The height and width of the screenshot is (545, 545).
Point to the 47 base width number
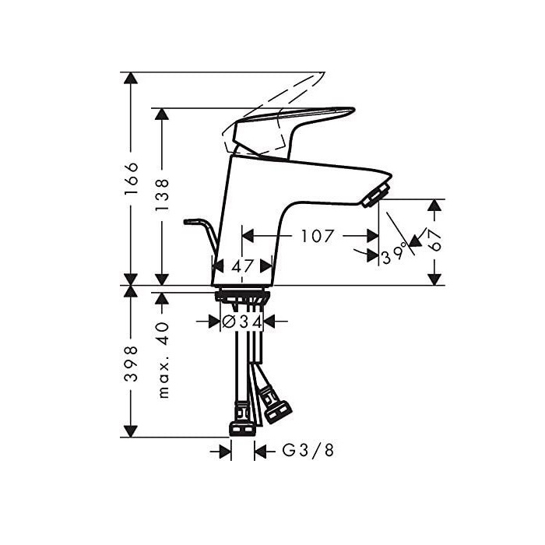point(243,265)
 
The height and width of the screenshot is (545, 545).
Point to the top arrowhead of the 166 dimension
point(132,78)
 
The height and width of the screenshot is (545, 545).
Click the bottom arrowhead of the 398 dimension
point(132,430)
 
